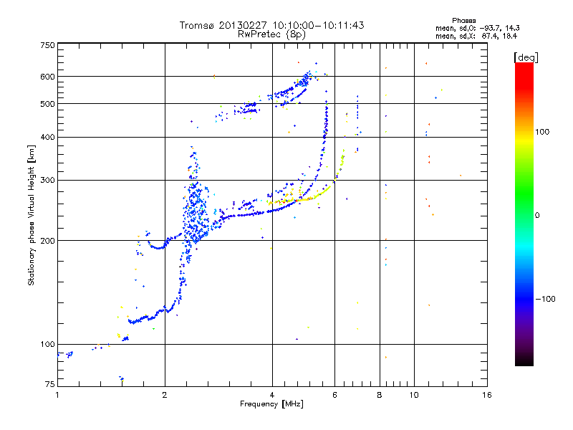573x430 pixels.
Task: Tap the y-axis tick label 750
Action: [x=47, y=45]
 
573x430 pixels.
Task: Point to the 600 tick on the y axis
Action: [x=47, y=77]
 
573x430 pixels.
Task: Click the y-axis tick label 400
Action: [x=47, y=138]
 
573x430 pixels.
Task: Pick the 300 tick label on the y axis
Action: [x=47, y=181]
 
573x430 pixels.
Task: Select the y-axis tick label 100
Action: [x=47, y=345]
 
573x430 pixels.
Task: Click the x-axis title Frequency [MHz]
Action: [x=271, y=405]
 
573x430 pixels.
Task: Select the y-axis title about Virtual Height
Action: [x=32, y=215]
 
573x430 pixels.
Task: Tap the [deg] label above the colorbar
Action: [x=525, y=57]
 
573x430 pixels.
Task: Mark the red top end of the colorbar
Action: [x=524, y=66]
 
